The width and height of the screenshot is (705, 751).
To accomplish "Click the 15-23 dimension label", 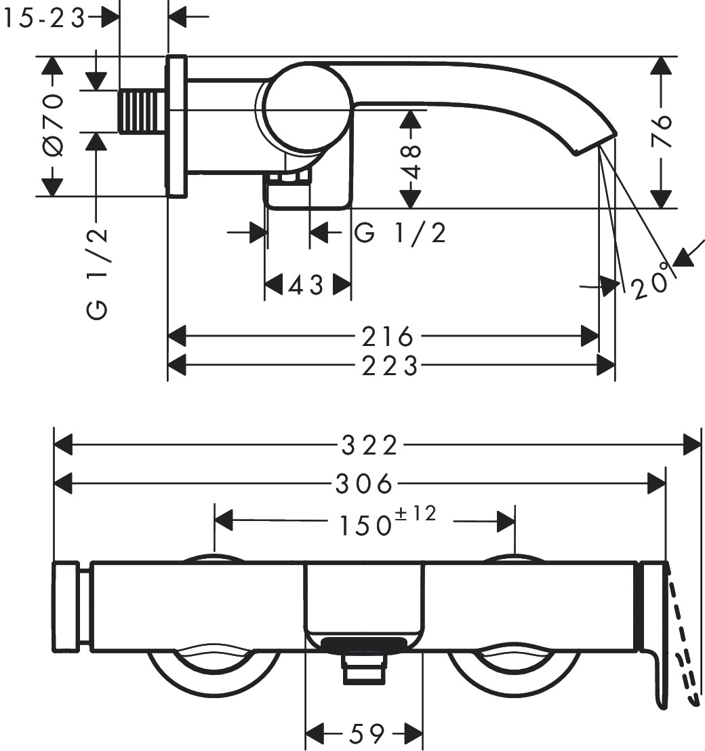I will tap(43, 19).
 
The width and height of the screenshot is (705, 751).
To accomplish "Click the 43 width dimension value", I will tap(307, 286).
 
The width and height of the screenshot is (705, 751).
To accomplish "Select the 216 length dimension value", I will tap(387, 336).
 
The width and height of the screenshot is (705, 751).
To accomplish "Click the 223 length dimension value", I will tap(390, 366).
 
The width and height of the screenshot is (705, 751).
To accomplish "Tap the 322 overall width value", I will tap(369, 446).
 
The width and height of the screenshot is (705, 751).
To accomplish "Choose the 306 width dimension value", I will tap(364, 484).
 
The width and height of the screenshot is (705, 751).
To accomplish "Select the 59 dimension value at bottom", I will tap(367, 733).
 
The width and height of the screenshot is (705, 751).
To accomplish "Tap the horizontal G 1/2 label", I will tap(400, 233).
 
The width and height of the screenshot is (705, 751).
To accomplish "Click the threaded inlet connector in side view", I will tap(142, 111).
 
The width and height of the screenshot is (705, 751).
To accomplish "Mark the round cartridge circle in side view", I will tap(307, 105).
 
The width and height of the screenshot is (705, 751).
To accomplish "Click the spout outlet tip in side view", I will tap(595, 142).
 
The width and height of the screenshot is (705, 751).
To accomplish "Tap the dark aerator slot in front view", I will tap(365, 644).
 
